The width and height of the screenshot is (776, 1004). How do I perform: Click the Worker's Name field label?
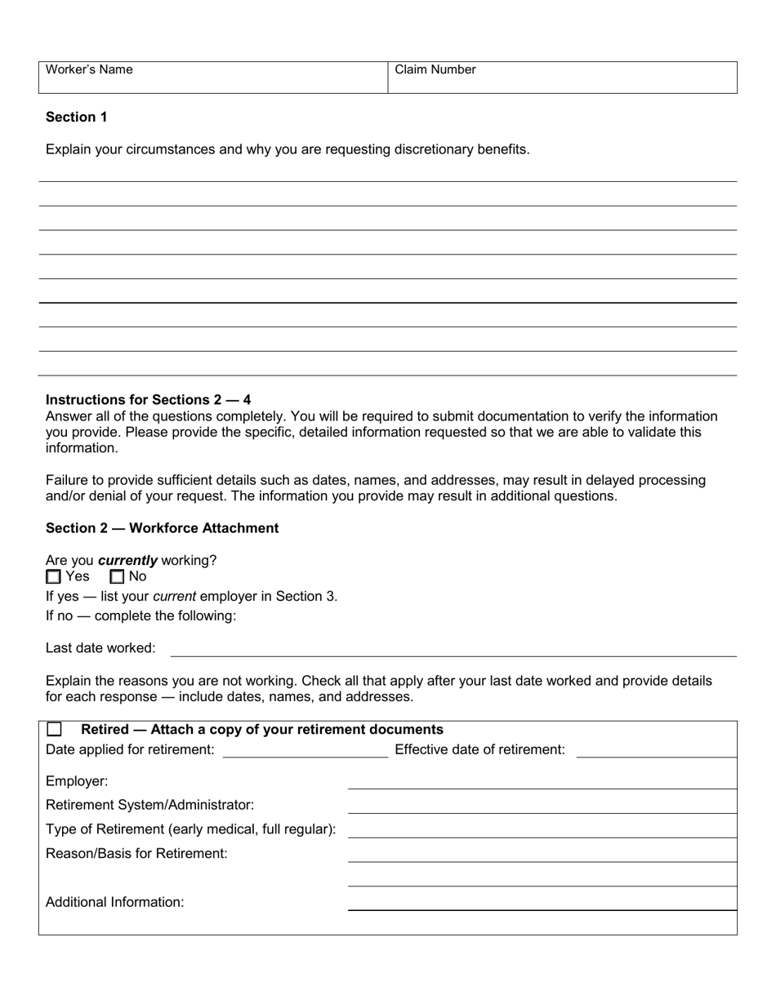point(89,70)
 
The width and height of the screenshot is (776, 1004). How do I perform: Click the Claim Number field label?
point(435,70)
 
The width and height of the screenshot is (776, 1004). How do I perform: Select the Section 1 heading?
point(76,118)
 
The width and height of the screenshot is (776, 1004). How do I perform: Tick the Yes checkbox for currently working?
point(54,577)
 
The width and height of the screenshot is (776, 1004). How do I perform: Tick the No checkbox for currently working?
point(117,577)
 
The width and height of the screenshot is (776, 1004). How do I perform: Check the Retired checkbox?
point(55,730)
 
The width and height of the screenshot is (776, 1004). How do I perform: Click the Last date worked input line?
point(453,650)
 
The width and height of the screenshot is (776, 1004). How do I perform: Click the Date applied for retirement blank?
point(305,752)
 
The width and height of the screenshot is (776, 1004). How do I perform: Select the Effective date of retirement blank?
point(656,752)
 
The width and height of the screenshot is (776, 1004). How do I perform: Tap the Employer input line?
point(542,783)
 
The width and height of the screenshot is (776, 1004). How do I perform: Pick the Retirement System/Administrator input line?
point(542,807)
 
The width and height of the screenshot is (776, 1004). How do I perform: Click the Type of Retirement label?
point(190,829)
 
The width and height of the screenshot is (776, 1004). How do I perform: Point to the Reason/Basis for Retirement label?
point(136,854)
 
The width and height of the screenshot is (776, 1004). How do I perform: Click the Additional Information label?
point(114,903)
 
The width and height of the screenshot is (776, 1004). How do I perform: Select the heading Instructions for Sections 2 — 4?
point(148,400)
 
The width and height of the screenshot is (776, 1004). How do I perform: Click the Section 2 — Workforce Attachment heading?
point(162,528)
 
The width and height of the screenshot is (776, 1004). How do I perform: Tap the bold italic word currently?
point(127,561)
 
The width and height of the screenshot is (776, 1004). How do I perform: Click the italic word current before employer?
point(174,597)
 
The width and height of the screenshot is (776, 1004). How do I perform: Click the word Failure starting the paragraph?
point(68,481)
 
